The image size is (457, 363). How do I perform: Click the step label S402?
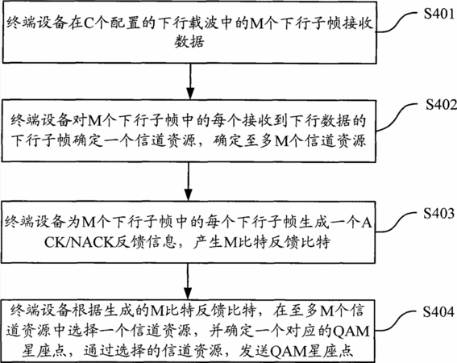click(x=441, y=105)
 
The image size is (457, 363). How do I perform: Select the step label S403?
click(x=439, y=214)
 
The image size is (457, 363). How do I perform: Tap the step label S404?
click(x=438, y=311)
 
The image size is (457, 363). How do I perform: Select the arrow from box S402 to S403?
click(x=189, y=181)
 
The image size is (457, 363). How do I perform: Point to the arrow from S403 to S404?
click(x=188, y=282)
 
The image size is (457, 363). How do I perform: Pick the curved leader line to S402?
click(x=397, y=117)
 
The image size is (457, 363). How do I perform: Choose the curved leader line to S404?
click(x=396, y=321)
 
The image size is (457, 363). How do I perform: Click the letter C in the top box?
click(x=89, y=23)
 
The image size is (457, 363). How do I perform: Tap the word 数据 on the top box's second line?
click(x=189, y=42)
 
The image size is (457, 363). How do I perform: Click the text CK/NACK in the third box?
click(x=79, y=242)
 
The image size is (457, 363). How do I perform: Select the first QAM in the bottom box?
click(x=351, y=332)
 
